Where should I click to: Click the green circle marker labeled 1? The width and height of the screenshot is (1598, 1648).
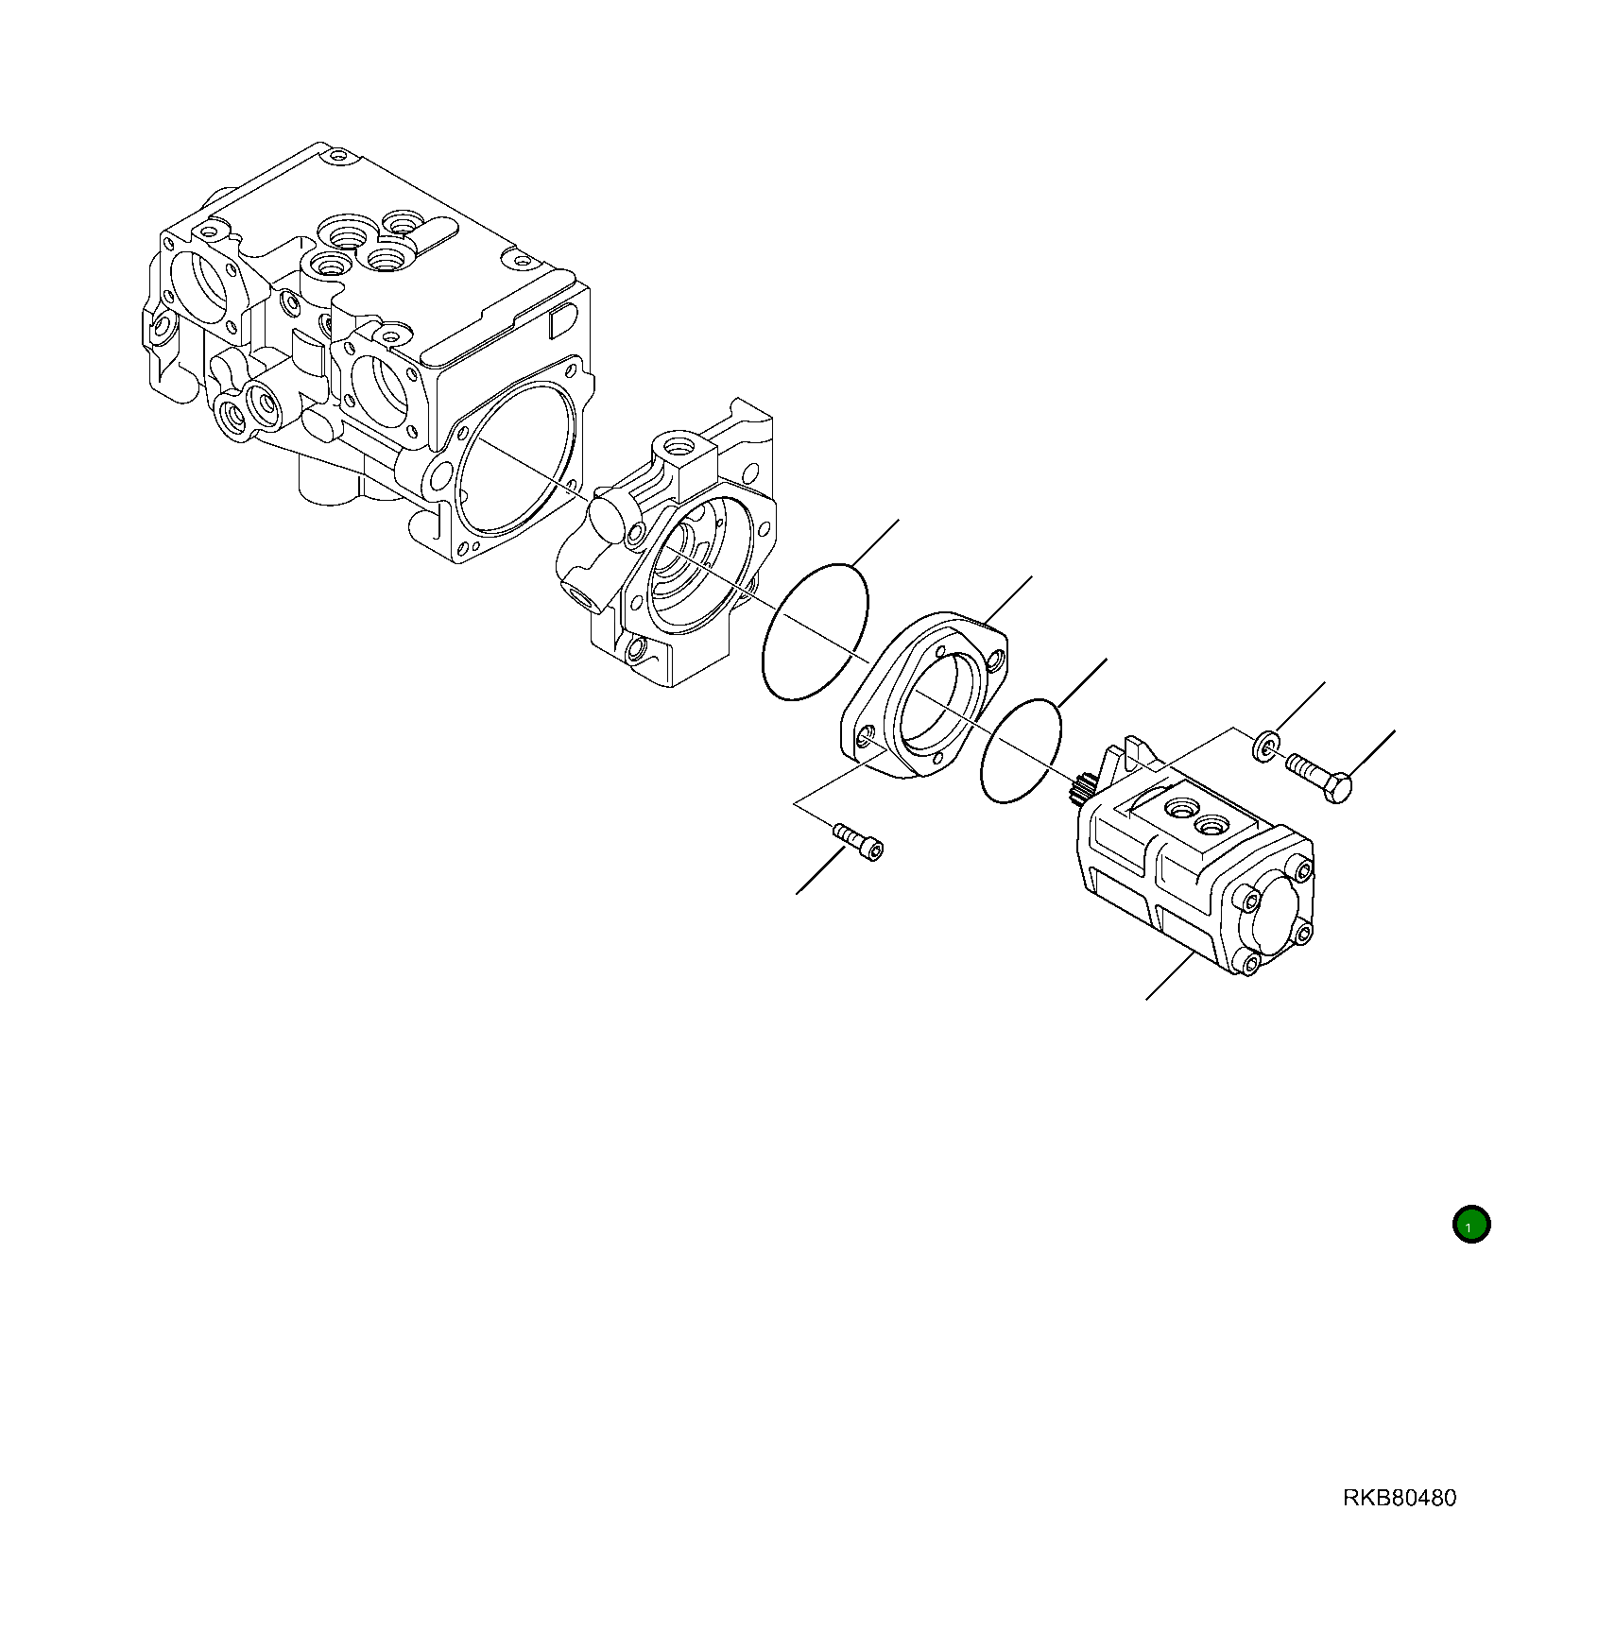pos(1470,1225)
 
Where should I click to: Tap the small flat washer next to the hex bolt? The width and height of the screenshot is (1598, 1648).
pos(1266,746)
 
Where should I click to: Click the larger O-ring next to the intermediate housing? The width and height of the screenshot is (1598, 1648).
pos(814,633)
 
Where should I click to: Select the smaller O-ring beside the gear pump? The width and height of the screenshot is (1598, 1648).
pos(1021,751)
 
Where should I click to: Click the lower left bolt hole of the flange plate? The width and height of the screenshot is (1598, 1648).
pos(866,738)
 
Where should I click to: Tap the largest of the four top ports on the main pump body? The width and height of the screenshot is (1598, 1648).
pos(342,233)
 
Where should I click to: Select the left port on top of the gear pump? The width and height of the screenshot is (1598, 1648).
pos(1181,807)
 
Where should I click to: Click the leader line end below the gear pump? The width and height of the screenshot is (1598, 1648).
pos(1147,998)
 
